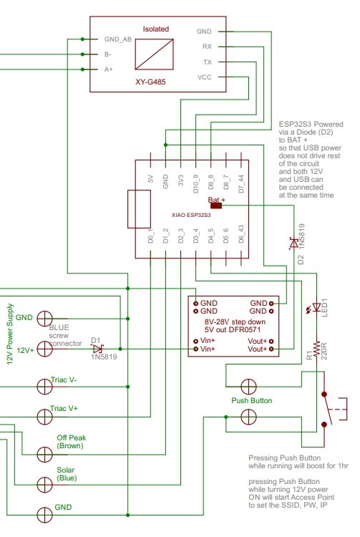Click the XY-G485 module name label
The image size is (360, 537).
pyautogui.click(x=150, y=82)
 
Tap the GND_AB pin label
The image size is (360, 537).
pyautogui.click(x=117, y=39)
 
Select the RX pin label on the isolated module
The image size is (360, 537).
pyautogui.click(x=207, y=47)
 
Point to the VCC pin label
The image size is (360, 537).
pyautogui.click(x=204, y=77)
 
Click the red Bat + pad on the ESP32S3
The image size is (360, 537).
pyautogui.click(x=216, y=205)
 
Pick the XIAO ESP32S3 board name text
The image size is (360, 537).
pyautogui.click(x=191, y=215)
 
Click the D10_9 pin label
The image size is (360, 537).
pyautogui.click(x=195, y=184)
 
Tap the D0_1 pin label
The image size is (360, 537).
pyautogui.click(x=150, y=236)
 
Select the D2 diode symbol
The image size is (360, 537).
pyautogui.click(x=293, y=243)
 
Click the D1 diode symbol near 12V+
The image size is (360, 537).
pyautogui.click(x=97, y=349)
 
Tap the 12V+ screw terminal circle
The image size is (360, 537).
pyautogui.click(x=44, y=349)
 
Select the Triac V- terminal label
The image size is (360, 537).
pyautogui.click(x=64, y=379)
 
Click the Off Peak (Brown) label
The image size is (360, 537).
pyautogui.click(x=71, y=442)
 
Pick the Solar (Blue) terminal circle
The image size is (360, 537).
pyautogui.click(x=44, y=485)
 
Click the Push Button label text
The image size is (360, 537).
pyautogui.click(x=251, y=400)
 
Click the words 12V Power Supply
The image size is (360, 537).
pyautogui.click(x=10, y=334)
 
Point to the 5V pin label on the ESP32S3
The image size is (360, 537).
pyautogui.click(x=150, y=179)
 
